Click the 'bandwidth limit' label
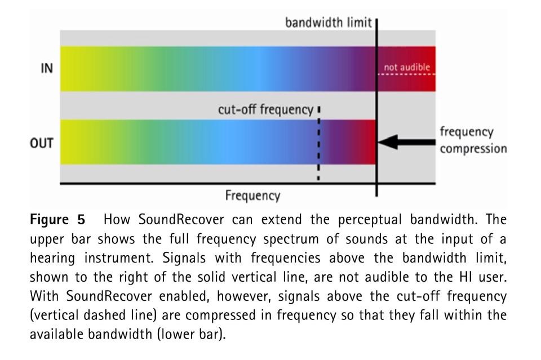pos(329,23)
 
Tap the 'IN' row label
pos(47,68)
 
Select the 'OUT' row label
pos(41,143)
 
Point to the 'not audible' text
pos(407,67)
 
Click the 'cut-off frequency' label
pos(265,110)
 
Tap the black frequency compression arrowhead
pos(388,142)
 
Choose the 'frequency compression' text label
pos(473,140)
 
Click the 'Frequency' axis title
pos(252,195)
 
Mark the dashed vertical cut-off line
pos(318,143)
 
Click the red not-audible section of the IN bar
pos(406,69)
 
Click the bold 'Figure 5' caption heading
pos(57,220)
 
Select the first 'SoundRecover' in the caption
pos(181,219)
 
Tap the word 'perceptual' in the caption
pos(370,220)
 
